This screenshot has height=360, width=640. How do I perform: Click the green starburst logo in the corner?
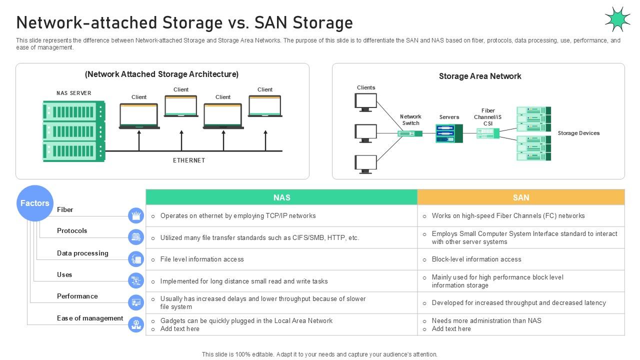click(617, 19)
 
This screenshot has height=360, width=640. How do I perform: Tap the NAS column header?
click(281, 197)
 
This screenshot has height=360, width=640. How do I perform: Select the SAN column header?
click(520, 197)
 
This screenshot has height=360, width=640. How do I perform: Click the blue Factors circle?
click(34, 203)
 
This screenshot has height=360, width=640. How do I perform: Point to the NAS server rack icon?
click(74, 131)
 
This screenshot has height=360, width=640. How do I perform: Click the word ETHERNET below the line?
click(189, 160)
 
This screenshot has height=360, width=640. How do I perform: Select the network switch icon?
click(410, 133)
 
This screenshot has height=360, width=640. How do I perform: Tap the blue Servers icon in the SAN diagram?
click(448, 133)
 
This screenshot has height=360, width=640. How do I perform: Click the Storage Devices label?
click(578, 133)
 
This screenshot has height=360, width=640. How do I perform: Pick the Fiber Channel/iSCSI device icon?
click(487, 133)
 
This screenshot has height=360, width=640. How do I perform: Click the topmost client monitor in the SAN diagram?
click(365, 102)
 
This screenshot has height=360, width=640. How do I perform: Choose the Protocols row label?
click(72, 230)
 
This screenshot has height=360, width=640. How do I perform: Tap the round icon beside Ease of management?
click(136, 324)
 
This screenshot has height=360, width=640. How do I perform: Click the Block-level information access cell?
click(476, 259)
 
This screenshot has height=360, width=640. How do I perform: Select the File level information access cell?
click(202, 259)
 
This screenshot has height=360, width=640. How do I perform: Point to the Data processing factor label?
click(82, 253)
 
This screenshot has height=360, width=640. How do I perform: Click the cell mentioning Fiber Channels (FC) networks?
click(508, 216)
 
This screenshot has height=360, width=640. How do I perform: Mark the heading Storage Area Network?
click(479, 76)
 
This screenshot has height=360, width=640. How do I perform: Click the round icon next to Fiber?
click(136, 215)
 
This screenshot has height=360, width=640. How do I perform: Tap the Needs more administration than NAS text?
click(486, 320)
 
